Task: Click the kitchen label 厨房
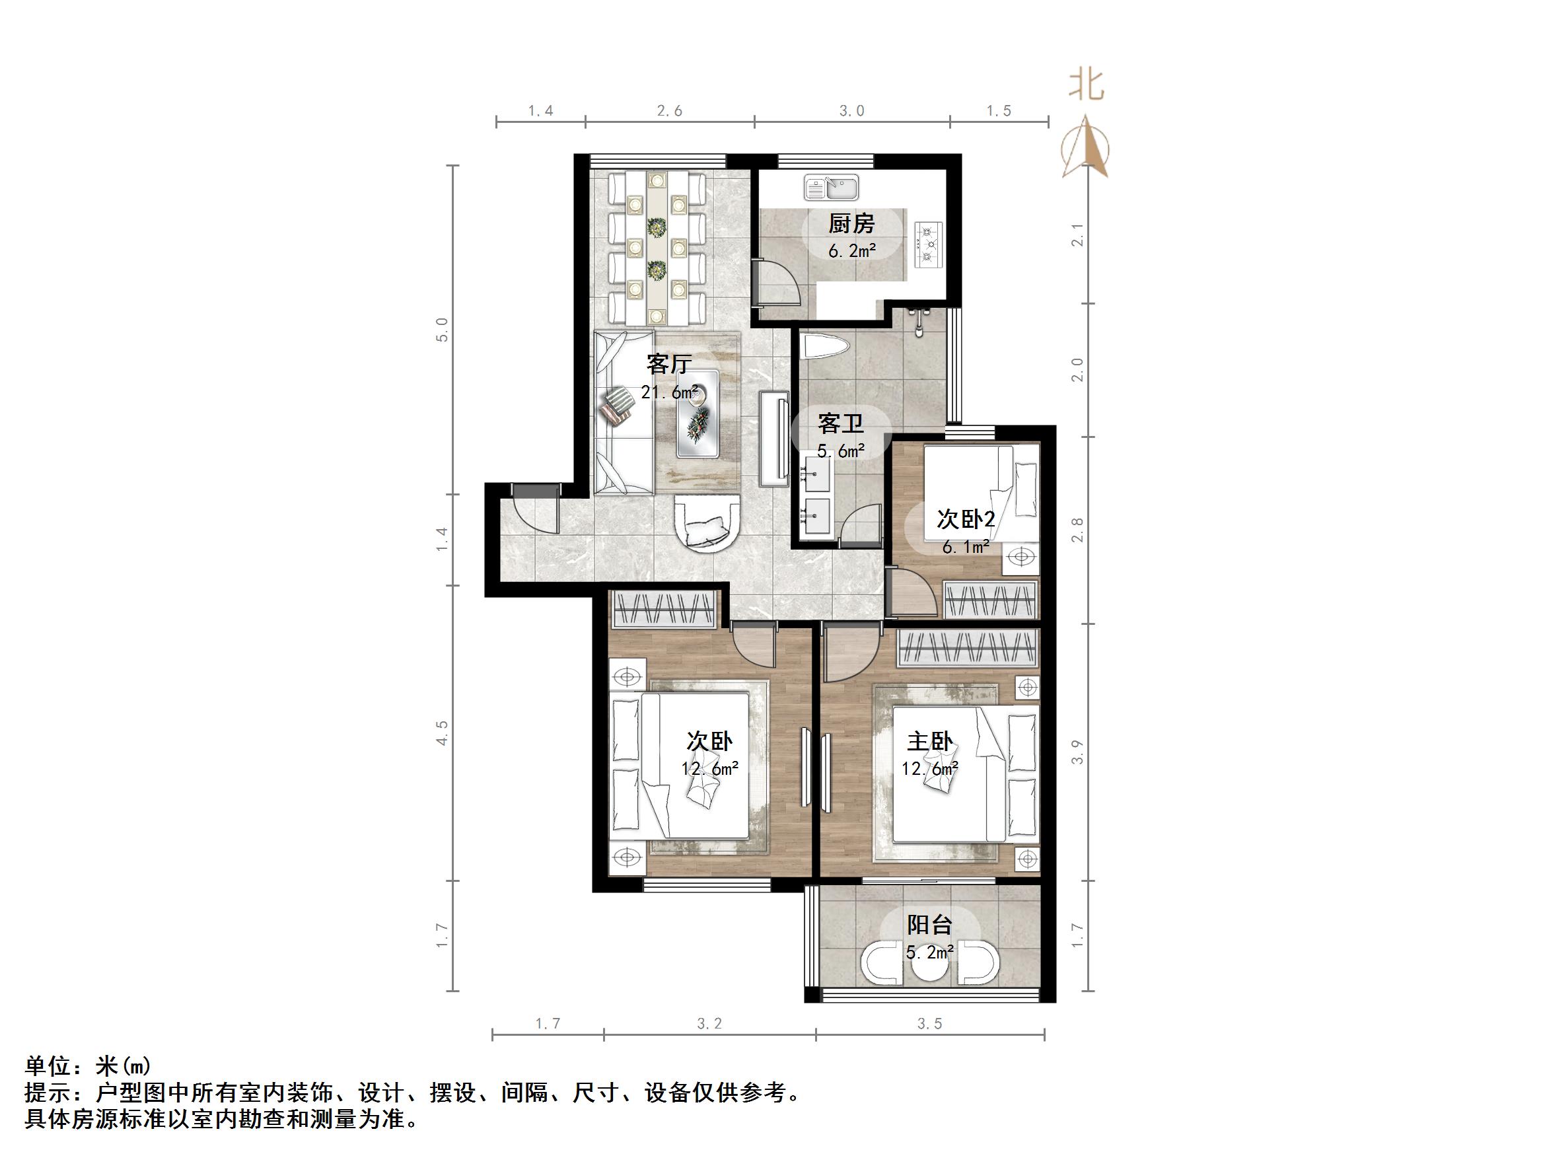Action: tap(851, 224)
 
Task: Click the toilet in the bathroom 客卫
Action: tap(824, 347)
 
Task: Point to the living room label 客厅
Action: tap(669, 364)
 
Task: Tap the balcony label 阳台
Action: tap(929, 925)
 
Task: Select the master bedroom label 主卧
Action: tap(929, 741)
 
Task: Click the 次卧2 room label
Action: tap(965, 519)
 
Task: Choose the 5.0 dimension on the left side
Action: tap(442, 329)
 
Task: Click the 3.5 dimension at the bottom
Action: tap(929, 1024)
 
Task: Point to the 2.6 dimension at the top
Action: tap(670, 111)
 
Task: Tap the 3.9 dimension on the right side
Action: tap(1077, 752)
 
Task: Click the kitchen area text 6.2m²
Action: tap(851, 251)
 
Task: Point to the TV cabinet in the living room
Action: tap(773, 437)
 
